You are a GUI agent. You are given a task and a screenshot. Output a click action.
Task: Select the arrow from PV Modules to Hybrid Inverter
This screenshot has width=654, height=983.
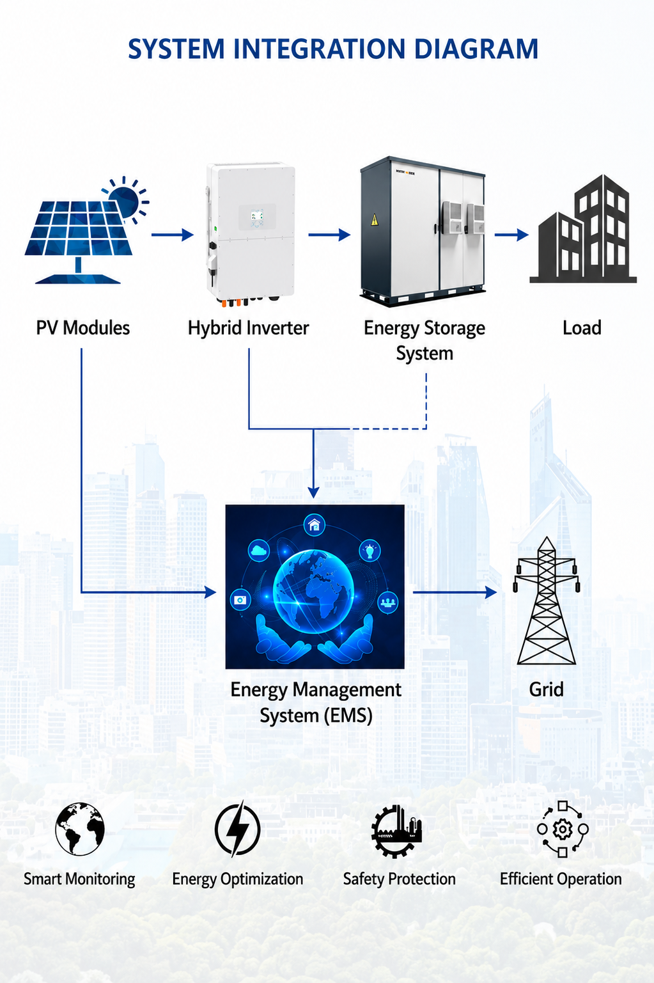click(173, 235)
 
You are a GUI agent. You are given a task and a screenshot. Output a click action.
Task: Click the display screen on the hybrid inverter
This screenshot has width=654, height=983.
click(257, 215)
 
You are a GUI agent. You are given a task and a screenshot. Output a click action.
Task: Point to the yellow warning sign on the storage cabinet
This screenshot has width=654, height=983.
click(374, 219)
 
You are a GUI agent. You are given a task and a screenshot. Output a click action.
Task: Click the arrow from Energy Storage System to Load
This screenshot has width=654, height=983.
click(511, 235)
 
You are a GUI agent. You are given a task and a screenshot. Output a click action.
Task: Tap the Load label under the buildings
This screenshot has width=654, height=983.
click(582, 328)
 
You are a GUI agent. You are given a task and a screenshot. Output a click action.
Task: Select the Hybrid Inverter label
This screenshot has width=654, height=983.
click(248, 328)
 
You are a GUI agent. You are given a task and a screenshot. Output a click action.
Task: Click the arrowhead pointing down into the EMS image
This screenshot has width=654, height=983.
click(313, 492)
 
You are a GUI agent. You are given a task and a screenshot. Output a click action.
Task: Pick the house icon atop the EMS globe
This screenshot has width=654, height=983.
click(314, 525)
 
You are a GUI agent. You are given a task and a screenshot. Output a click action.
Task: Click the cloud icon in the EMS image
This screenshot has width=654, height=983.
click(259, 550)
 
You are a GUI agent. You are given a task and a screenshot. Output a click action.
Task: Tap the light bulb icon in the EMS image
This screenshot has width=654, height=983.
click(370, 550)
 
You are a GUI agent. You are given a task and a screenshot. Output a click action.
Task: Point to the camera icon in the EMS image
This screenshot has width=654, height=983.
click(240, 599)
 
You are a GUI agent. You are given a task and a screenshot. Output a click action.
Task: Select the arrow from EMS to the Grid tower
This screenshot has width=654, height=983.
click(455, 592)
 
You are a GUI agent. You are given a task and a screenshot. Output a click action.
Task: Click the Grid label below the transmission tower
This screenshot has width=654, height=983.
click(546, 689)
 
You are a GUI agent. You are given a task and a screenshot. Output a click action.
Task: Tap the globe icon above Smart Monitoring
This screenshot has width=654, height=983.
click(80, 829)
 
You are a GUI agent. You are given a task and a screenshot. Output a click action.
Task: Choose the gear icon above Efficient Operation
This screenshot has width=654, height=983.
click(563, 829)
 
